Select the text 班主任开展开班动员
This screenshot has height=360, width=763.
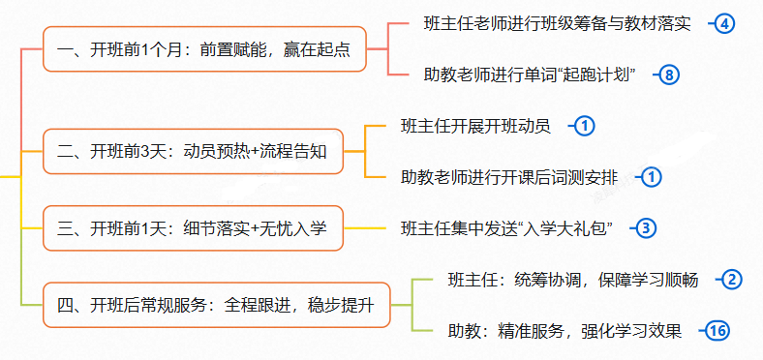tap(475, 126)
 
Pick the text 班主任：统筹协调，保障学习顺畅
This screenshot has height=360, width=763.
tap(574, 280)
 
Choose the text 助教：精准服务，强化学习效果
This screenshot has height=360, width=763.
tap(565, 331)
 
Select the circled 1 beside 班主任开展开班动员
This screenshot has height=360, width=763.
tap(585, 126)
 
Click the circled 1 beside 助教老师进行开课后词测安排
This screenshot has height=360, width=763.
tap(652, 177)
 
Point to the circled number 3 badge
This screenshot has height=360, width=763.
tap(645, 228)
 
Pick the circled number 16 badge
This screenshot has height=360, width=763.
tap(717, 331)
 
